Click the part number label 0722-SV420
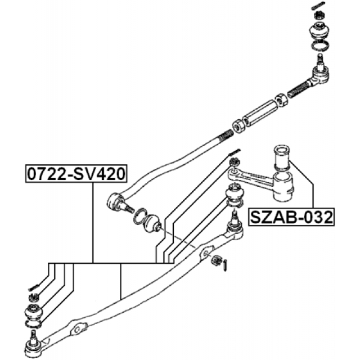click(x=76, y=174)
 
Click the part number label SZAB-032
click(x=291, y=217)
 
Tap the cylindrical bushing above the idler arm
click(x=281, y=157)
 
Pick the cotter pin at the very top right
click(x=318, y=5)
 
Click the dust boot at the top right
click(x=319, y=30)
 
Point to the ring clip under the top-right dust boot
click(x=319, y=45)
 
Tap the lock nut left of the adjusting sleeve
click(x=238, y=126)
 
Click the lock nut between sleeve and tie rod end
click(x=281, y=100)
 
